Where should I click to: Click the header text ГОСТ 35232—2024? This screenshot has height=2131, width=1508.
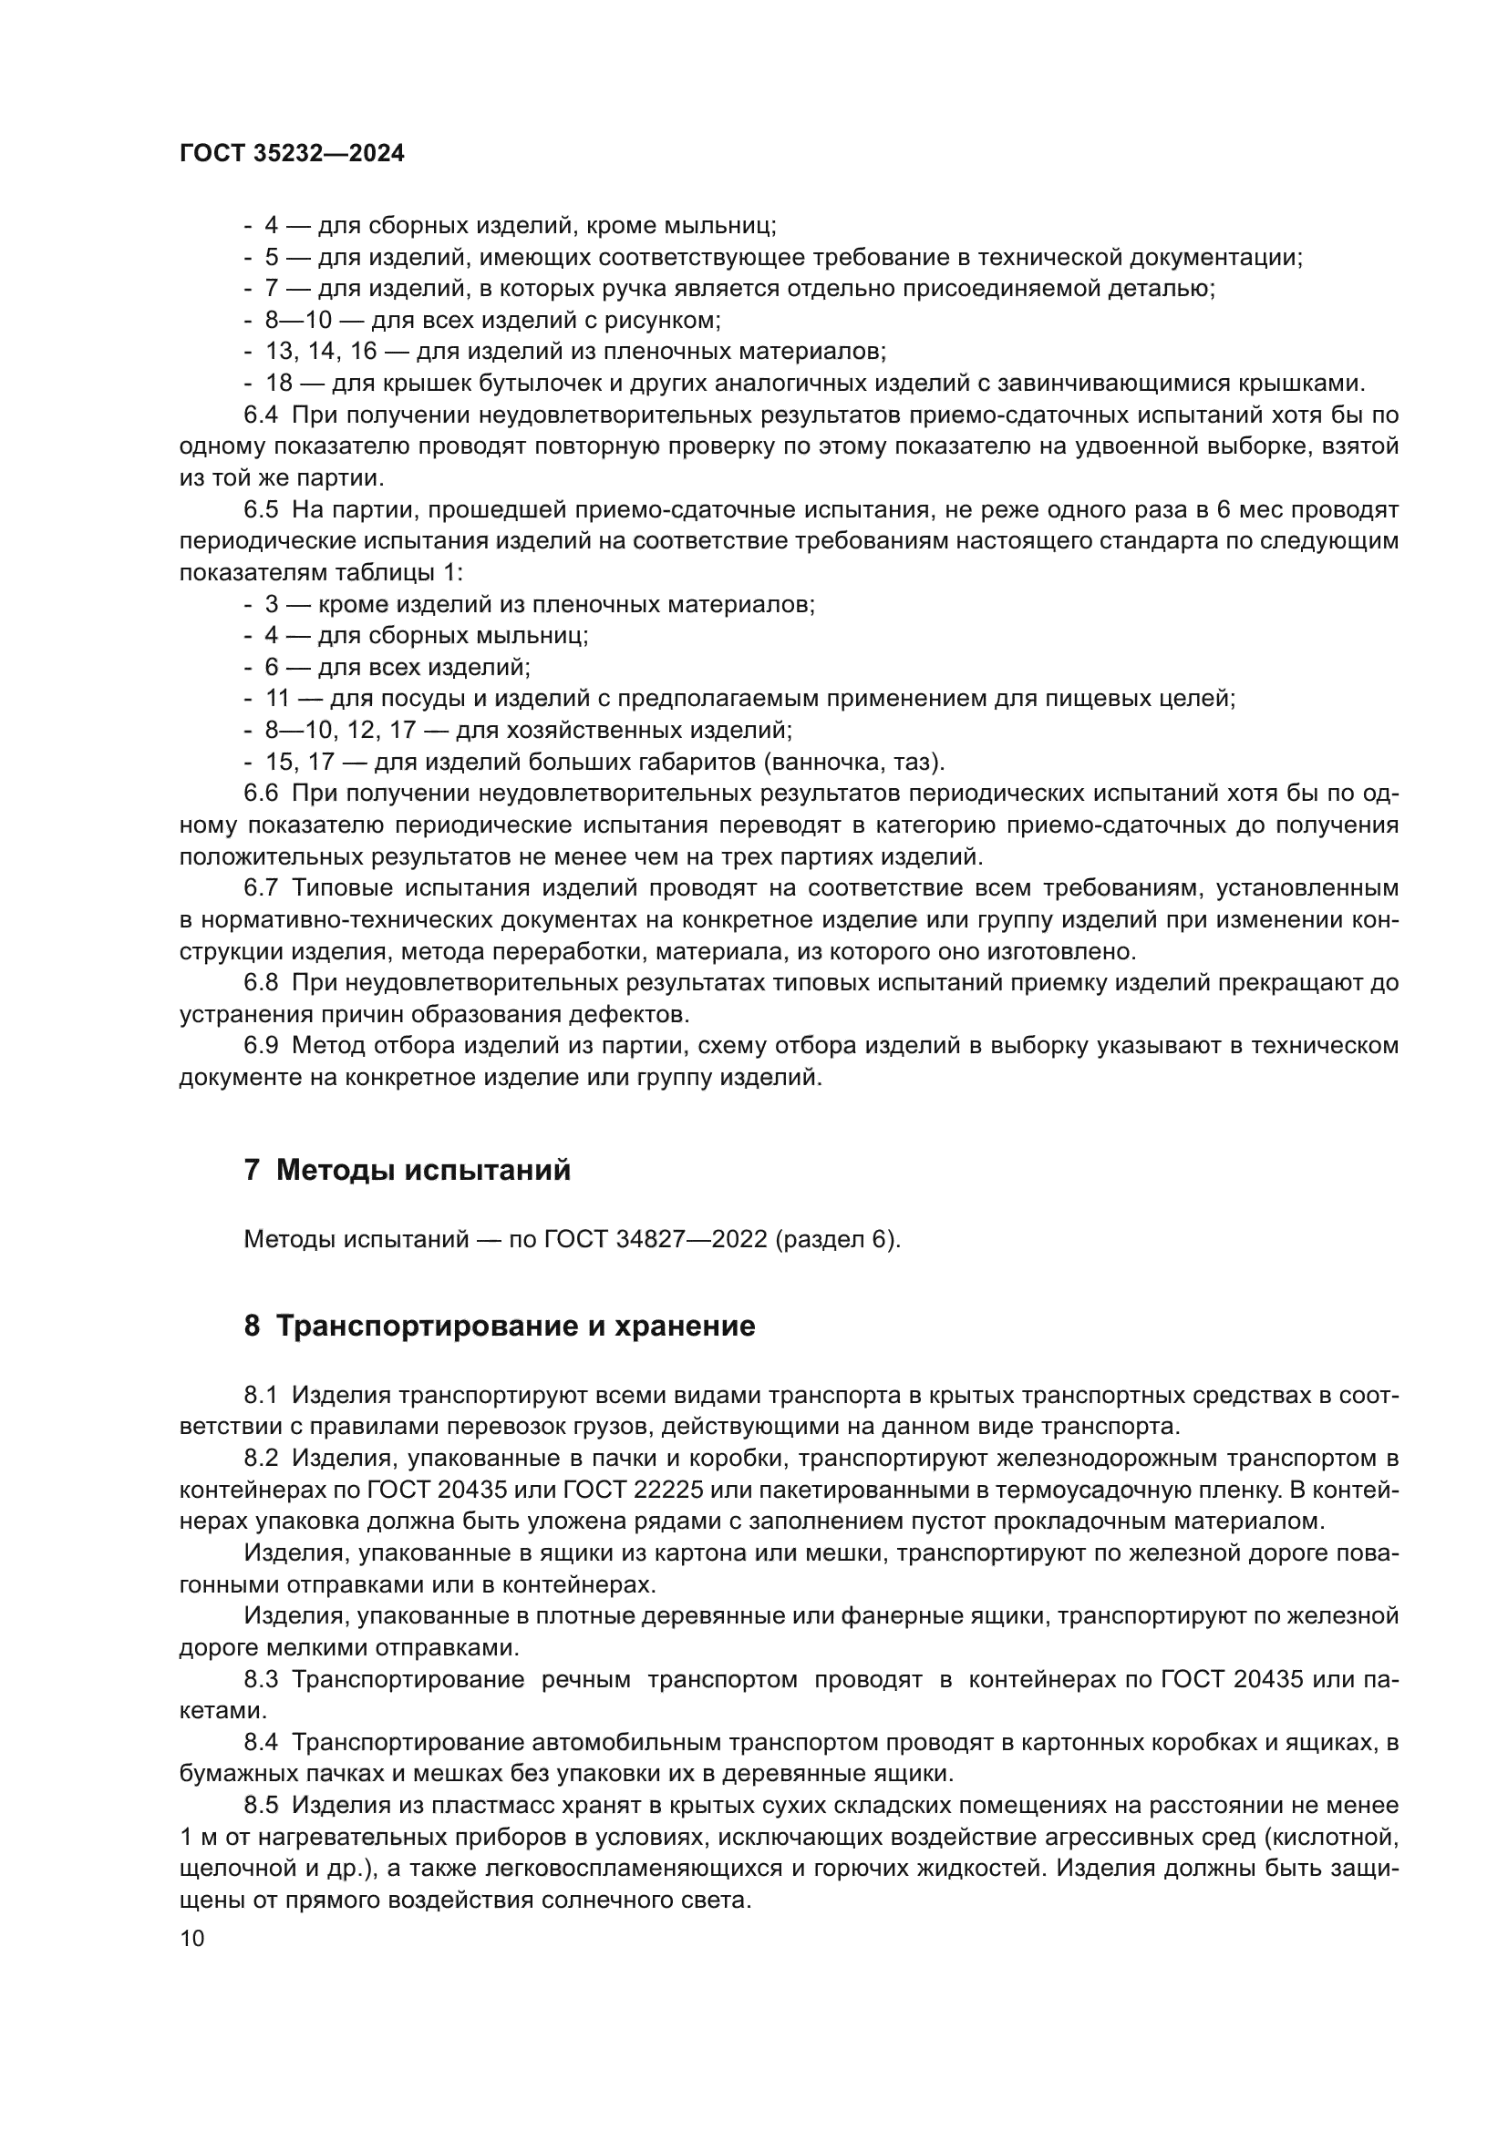(292, 154)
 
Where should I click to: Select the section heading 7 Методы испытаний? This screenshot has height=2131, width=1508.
(407, 1171)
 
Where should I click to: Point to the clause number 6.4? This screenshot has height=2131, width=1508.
(261, 415)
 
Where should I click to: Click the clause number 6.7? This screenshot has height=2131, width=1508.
(261, 888)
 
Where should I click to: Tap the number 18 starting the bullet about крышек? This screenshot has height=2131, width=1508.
(279, 384)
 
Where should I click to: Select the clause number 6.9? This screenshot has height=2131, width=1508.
(261, 1046)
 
